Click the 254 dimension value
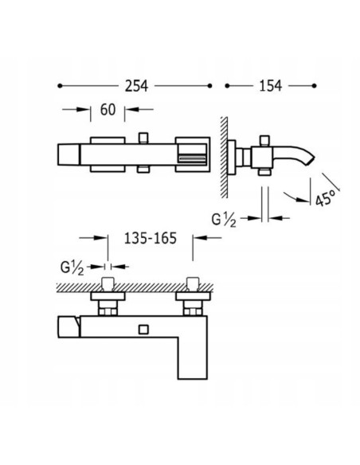[136, 86]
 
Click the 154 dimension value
[271, 86]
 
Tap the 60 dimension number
[108, 110]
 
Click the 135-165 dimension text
[151, 238]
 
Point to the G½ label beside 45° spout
[224, 220]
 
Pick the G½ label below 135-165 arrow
[72, 268]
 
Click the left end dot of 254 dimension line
[60, 86]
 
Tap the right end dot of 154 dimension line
[315, 86]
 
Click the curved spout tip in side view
[311, 159]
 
